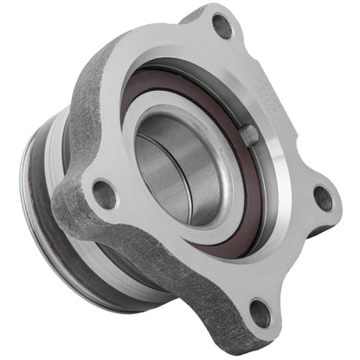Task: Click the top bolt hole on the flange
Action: click(222, 27)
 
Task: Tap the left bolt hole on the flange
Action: click(104, 193)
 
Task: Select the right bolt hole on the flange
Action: click(322, 198)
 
